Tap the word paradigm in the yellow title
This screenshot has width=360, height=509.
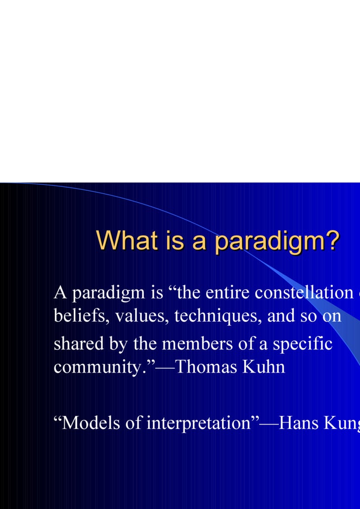point(270,241)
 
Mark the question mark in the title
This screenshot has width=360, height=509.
point(333,240)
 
